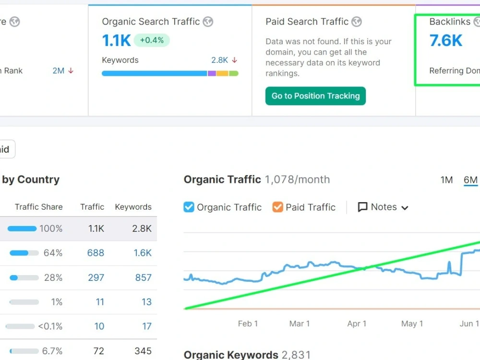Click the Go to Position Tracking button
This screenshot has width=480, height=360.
[x=315, y=96]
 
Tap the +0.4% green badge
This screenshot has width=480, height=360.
[x=152, y=40]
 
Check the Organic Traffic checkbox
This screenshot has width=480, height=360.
[x=189, y=207]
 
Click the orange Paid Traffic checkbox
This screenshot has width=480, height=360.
[x=277, y=207]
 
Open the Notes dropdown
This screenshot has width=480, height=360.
[x=383, y=207]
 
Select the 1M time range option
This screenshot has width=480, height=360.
[x=446, y=180]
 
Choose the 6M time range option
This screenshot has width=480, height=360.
[x=470, y=180]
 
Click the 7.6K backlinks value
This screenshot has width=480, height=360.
[x=446, y=40]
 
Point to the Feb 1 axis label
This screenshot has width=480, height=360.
[x=248, y=324]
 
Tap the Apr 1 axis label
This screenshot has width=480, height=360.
[x=357, y=324]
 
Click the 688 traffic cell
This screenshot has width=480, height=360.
[x=96, y=253]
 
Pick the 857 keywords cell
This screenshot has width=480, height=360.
[x=143, y=277]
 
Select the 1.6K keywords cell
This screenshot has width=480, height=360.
[x=143, y=253]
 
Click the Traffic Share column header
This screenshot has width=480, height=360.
[x=39, y=207]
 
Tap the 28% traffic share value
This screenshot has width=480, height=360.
[x=53, y=277]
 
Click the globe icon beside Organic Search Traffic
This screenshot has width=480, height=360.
[x=208, y=22]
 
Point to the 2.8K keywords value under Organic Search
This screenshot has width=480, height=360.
[x=219, y=60]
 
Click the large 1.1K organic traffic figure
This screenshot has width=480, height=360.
[x=116, y=40]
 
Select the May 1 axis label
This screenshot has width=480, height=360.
[x=412, y=324]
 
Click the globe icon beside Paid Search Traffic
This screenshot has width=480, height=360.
[x=357, y=22]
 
